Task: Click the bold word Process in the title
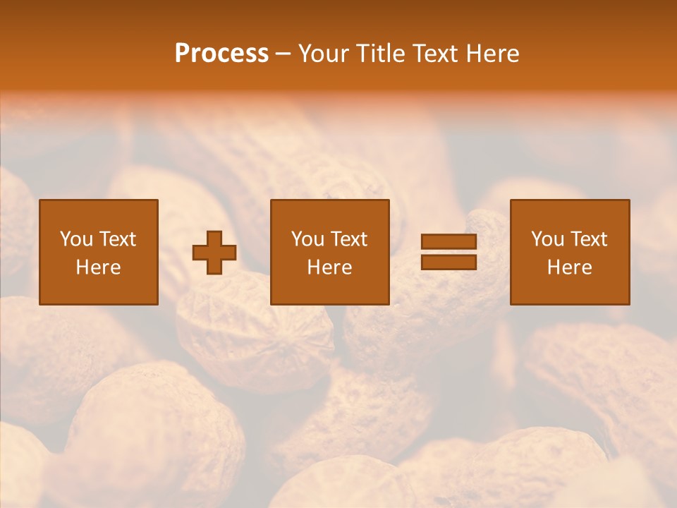(x=221, y=54)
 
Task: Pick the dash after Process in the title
(x=283, y=54)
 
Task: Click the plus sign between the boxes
(x=214, y=252)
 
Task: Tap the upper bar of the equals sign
(x=449, y=242)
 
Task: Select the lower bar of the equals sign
(x=449, y=262)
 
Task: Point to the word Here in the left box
(x=99, y=267)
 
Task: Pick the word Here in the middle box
(x=330, y=267)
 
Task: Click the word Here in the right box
(x=570, y=267)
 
